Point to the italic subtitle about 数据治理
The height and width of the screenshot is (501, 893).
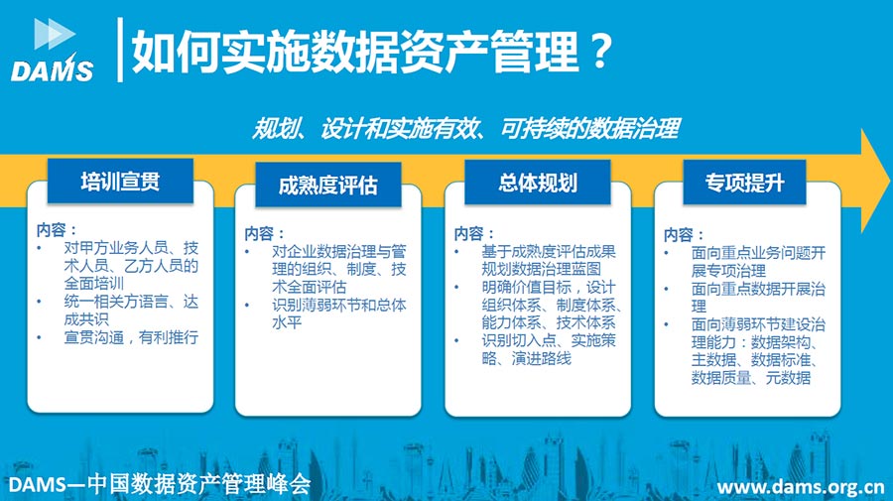(466, 129)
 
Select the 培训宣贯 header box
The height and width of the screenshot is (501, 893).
(120, 181)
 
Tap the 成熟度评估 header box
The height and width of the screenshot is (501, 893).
(328, 186)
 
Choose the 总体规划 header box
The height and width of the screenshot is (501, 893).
(538, 183)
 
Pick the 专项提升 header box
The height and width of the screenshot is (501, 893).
(744, 183)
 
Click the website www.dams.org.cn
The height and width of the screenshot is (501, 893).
(800, 487)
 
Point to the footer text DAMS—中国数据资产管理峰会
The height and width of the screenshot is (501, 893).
(160, 484)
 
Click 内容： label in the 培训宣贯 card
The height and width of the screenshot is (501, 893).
(56, 230)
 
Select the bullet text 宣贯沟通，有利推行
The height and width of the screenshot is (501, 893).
(131, 337)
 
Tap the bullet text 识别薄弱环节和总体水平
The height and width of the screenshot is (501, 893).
(339, 313)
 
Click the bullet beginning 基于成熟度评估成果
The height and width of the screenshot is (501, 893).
(549, 260)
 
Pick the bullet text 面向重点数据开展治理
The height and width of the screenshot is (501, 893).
(758, 298)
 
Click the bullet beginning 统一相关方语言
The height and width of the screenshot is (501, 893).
(131, 311)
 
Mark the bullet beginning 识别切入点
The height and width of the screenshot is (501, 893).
(549, 349)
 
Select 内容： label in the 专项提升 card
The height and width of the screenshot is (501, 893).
(684, 234)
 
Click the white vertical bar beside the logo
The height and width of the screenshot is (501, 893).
(120, 50)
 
